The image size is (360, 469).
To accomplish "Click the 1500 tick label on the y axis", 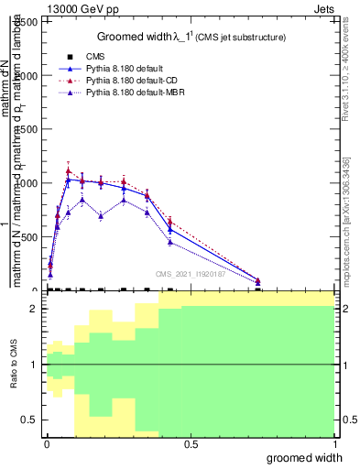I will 27,129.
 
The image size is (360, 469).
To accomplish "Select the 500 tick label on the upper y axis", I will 30,236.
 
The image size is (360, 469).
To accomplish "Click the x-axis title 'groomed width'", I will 305,457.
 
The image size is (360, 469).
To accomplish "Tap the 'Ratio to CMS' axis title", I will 14,365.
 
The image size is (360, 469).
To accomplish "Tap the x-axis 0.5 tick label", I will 191,444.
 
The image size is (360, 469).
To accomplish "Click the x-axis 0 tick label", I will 46,444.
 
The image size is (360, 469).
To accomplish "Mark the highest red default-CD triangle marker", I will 69,170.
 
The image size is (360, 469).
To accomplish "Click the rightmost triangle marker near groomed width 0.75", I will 258,281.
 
